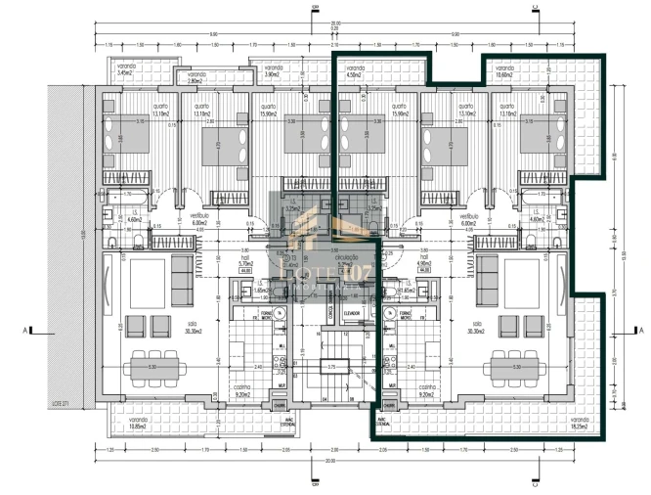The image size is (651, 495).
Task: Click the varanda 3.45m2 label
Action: point(124,69)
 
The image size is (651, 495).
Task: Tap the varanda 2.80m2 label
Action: point(196,76)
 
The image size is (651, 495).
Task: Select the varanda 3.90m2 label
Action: point(271,69)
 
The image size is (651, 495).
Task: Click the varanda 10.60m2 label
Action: point(504,69)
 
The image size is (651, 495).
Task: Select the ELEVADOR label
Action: point(351,313)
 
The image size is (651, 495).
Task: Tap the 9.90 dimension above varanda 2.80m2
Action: point(212,35)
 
